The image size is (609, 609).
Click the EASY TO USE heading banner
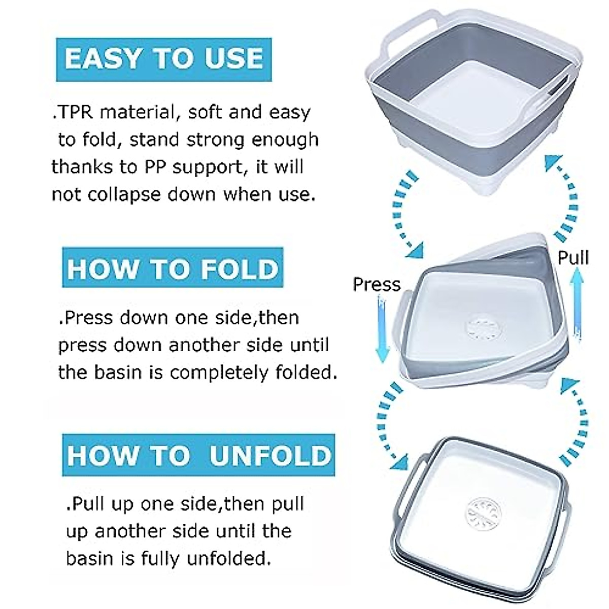[163, 59]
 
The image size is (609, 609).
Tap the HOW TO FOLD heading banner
[173, 268]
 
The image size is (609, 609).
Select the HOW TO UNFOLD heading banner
[198, 455]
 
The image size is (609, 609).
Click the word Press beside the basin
[377, 284]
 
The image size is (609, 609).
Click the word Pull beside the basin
[573, 258]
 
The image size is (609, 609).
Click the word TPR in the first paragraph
[74, 112]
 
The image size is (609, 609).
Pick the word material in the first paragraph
[136, 112]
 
